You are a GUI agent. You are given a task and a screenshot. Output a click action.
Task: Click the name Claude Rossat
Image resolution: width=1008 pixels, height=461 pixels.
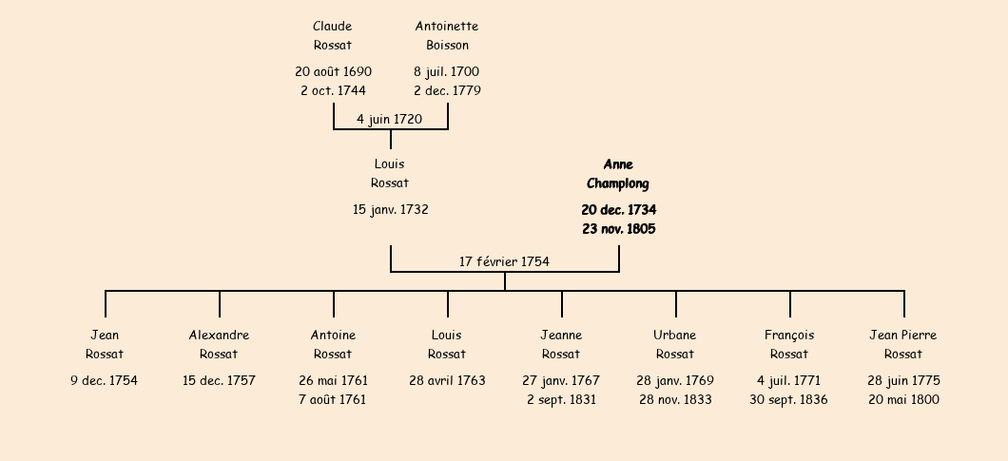coord(333,35)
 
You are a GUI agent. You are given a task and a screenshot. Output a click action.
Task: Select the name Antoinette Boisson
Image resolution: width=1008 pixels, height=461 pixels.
coord(447,35)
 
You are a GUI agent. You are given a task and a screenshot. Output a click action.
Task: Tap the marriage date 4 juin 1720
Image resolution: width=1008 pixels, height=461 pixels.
coord(390,119)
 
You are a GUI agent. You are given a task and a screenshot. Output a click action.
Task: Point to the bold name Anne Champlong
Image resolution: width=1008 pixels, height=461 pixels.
coord(618,174)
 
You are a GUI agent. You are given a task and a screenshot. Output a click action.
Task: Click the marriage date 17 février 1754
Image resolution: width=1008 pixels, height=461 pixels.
coord(504,261)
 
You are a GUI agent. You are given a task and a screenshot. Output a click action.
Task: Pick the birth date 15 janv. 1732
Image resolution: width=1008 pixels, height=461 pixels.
coord(390,210)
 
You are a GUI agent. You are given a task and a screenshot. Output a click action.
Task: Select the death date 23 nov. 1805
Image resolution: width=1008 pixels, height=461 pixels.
coord(618,229)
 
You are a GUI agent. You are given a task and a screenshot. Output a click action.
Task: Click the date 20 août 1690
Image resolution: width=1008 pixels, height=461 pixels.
coord(333,71)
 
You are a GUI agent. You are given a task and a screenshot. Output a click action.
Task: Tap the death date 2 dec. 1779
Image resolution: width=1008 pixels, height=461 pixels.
coord(447,90)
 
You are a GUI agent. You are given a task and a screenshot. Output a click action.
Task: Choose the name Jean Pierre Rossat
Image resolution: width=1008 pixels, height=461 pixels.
coord(903,344)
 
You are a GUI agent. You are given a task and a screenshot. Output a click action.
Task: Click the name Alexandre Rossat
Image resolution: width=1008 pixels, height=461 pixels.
coord(219,344)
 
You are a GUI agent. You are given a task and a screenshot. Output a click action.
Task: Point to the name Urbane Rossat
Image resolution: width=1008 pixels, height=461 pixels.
coord(675,344)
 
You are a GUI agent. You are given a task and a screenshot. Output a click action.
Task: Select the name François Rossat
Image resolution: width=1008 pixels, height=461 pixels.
coord(789,344)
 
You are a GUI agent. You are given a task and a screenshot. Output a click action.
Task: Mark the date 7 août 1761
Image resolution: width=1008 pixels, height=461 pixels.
coord(333,399)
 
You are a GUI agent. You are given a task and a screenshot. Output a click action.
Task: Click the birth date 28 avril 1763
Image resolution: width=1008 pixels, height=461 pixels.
coord(447,380)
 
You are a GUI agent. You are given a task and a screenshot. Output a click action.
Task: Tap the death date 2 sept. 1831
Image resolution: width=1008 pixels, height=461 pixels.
coord(561,399)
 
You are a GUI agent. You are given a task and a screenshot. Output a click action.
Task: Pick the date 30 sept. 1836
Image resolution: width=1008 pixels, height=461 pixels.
coord(788,399)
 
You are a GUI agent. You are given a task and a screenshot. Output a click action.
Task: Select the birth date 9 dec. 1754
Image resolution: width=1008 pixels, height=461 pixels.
coord(105,380)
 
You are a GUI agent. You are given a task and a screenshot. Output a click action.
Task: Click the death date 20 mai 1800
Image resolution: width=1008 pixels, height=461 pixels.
coord(903,399)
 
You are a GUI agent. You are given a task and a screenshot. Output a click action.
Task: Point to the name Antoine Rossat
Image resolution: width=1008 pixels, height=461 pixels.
coord(333,344)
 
